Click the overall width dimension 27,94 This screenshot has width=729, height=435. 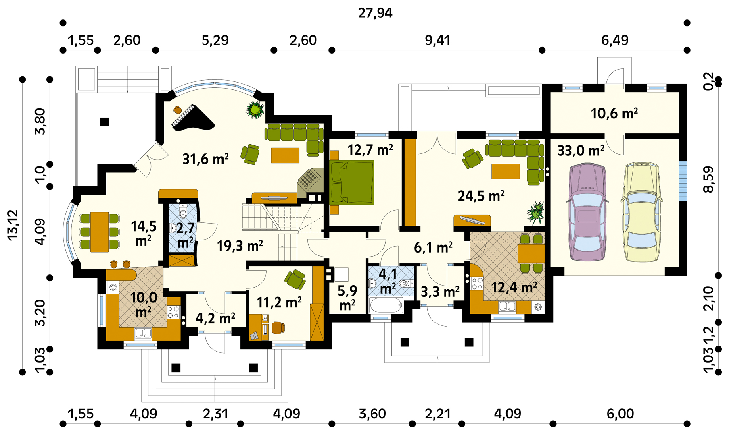click(375, 13)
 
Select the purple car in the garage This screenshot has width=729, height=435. click(587, 212)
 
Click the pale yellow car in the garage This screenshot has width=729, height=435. click(641, 212)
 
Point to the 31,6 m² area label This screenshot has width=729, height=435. click(206, 159)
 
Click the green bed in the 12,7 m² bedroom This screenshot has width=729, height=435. click(352, 182)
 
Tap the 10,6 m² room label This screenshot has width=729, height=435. click(614, 114)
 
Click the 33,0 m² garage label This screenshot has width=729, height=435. click(581, 151)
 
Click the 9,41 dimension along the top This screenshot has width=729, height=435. click(437, 40)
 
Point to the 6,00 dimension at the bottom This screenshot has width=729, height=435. click(620, 414)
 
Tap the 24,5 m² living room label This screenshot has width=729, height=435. click(481, 196)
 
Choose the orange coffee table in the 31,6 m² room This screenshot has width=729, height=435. click(285, 155)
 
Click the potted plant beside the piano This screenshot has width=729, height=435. click(255, 110)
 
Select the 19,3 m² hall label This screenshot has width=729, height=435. click(240, 246)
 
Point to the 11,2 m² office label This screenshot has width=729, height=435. click(279, 302)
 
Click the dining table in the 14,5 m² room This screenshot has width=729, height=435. click(99, 232)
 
